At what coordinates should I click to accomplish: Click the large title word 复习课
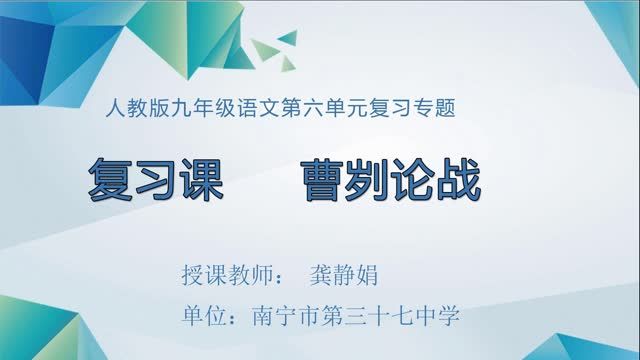(153, 180)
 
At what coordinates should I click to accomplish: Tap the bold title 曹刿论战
(390, 180)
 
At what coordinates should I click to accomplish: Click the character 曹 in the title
(322, 180)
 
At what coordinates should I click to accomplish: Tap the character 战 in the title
(458, 180)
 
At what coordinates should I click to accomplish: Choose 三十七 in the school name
(374, 318)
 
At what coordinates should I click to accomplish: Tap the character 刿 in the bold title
(367, 180)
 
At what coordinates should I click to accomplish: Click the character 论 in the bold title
(413, 180)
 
